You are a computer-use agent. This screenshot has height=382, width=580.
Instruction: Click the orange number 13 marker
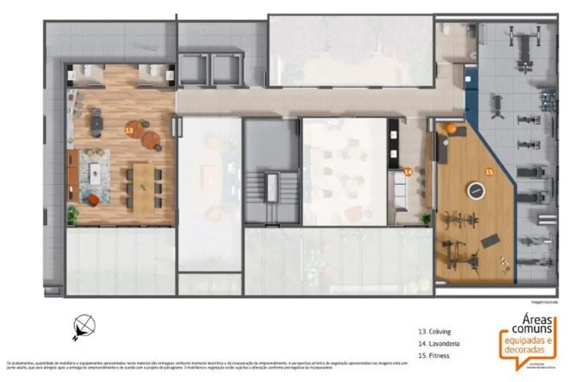pos(129,129)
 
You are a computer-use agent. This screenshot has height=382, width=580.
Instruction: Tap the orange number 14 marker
pos(407,172)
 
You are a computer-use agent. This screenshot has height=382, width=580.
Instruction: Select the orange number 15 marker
pos(488,172)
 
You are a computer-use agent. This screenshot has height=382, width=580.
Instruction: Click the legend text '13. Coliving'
pos(434,332)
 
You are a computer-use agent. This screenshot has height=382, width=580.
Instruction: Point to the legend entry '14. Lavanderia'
pos(438,343)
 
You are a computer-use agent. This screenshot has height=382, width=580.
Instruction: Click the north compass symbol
pos(84,326)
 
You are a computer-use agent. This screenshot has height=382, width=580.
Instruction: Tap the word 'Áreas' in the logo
pos(537,318)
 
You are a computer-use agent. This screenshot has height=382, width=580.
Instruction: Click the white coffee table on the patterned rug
pos(95,172)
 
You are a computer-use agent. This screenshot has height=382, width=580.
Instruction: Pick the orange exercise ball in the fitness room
pos(451,128)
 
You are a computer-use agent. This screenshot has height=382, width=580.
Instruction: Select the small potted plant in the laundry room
pos(426,219)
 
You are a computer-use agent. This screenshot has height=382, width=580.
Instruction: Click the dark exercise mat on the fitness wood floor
pos(490,240)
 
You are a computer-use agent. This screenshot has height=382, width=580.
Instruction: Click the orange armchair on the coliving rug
pos(93,200)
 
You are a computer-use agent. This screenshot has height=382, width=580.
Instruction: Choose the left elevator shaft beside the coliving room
pos(193,69)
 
